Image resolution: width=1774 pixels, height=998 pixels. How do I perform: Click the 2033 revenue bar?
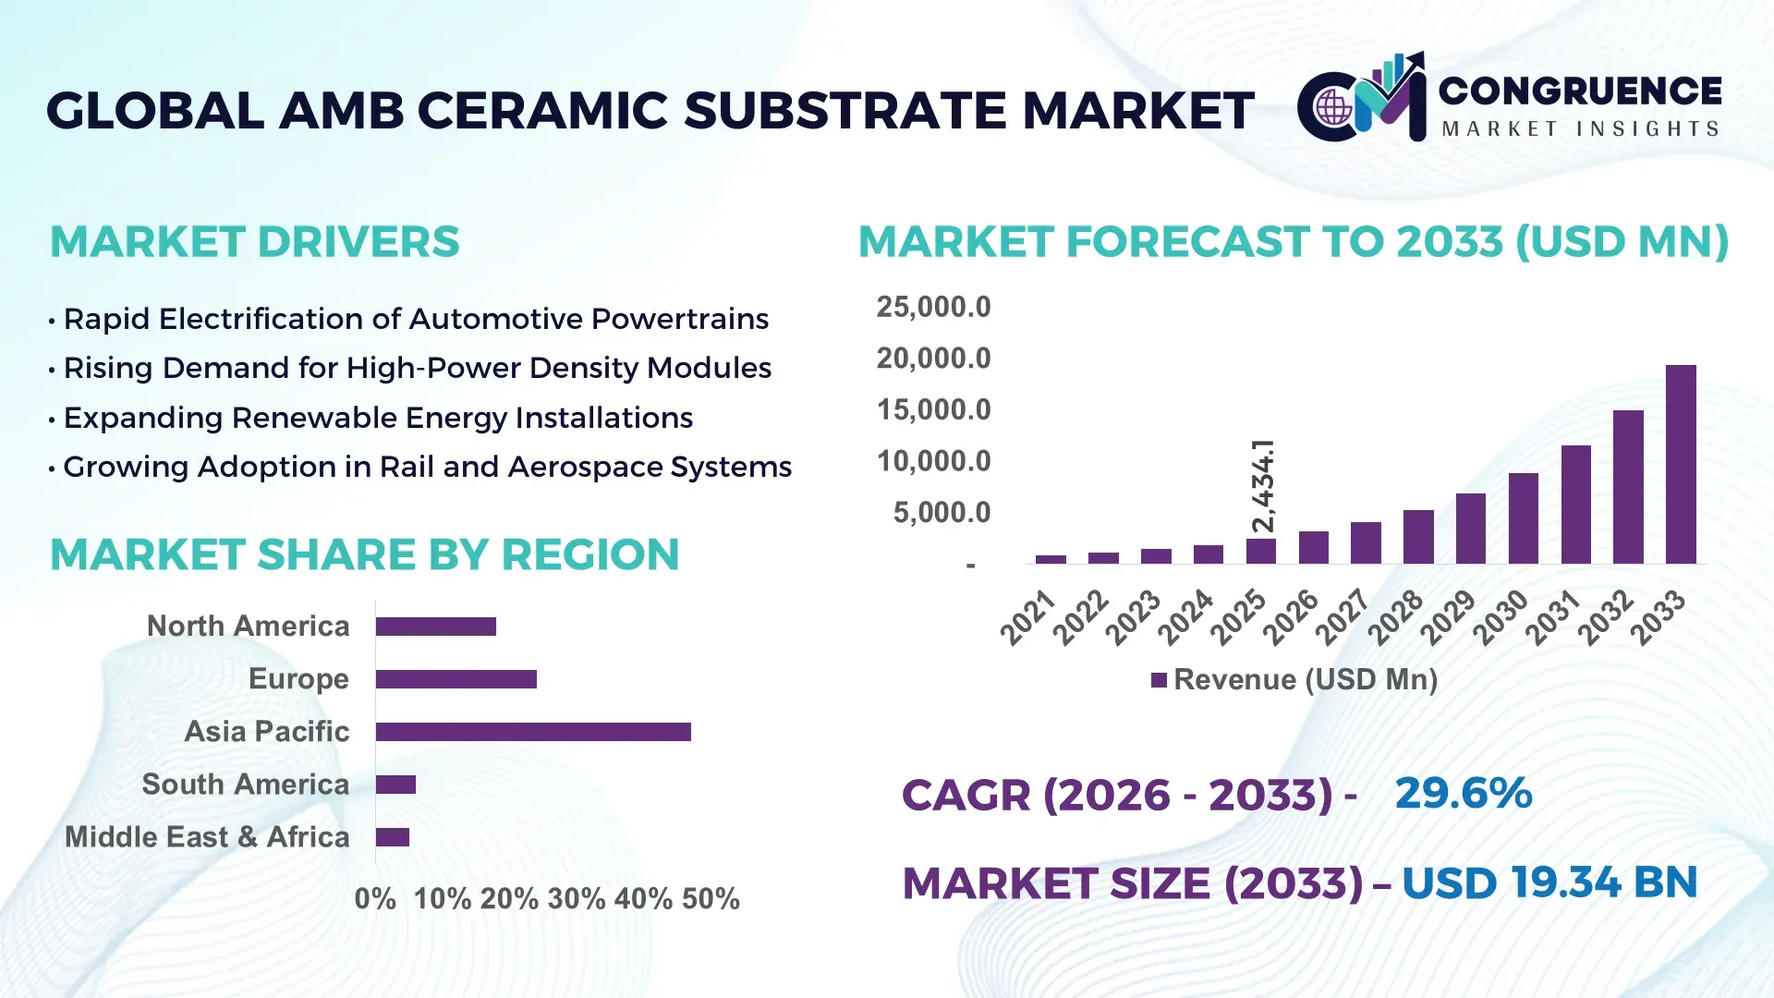point(1681,464)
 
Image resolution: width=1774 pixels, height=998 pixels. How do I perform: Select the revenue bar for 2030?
point(1523,518)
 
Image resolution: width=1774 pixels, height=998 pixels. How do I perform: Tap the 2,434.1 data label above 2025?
point(1262,486)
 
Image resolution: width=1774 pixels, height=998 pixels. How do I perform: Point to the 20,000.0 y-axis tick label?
point(933,359)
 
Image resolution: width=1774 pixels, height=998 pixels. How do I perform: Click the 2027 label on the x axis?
point(1342,616)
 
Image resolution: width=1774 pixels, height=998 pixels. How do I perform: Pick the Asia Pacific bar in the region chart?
point(533,732)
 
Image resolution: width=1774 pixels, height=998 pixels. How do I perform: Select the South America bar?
point(395,785)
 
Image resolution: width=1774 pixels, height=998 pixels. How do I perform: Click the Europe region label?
point(298,679)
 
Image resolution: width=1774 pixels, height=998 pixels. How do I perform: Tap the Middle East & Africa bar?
point(393,837)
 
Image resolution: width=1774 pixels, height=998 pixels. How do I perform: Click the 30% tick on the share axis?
point(577,899)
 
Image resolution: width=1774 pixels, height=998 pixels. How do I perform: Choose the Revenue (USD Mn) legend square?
point(1159,680)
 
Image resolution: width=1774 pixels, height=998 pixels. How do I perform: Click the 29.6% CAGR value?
point(1464,794)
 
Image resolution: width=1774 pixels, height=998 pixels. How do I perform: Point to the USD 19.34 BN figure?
point(1549,882)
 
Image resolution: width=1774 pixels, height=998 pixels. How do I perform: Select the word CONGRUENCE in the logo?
point(1580,91)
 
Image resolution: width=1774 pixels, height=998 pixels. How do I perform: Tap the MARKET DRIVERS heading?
point(254,242)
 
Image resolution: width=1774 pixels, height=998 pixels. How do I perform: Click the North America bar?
point(436,627)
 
